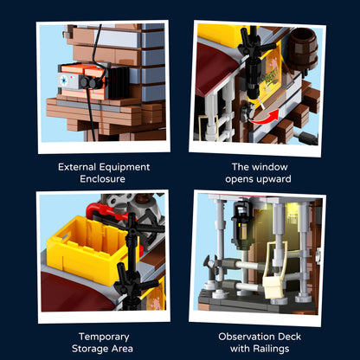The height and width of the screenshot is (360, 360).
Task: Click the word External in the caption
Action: point(77,167)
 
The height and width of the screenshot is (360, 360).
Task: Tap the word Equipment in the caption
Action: point(125,167)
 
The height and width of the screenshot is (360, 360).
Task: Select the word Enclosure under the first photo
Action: point(102,179)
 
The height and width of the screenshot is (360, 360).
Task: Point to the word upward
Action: point(273,179)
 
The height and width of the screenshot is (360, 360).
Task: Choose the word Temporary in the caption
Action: point(104,337)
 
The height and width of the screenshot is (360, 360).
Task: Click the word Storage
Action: point(89,349)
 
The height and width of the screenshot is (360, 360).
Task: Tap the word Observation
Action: point(242,337)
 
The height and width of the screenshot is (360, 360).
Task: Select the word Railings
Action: point(271,349)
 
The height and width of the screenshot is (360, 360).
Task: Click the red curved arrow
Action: point(267,118)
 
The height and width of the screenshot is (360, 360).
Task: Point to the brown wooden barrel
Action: point(303,48)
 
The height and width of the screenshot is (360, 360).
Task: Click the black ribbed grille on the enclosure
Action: point(119,82)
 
